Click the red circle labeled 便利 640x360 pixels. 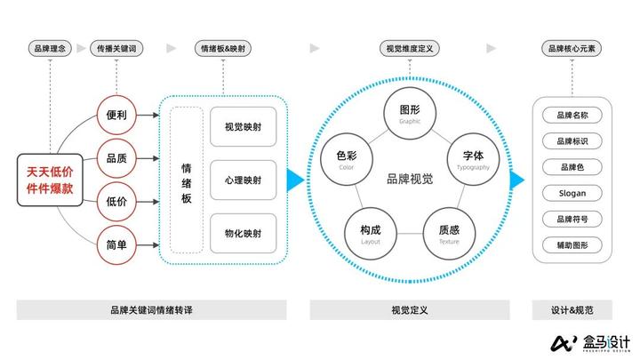coord(116,116)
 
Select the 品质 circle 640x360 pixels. coord(116,158)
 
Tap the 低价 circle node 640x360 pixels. coord(116,201)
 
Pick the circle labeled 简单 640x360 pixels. coord(116,243)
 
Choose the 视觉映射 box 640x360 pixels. coord(243,128)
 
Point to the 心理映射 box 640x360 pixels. coord(243,180)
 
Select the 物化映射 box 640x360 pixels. coord(243,233)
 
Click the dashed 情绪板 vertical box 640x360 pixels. coord(187,180)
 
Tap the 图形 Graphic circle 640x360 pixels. coord(410,115)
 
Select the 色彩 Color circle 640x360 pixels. coord(347,160)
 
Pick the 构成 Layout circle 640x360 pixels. coord(371,233)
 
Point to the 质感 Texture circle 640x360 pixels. coord(449,233)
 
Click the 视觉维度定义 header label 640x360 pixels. coord(409,49)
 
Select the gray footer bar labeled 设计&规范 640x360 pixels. coord(572,310)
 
